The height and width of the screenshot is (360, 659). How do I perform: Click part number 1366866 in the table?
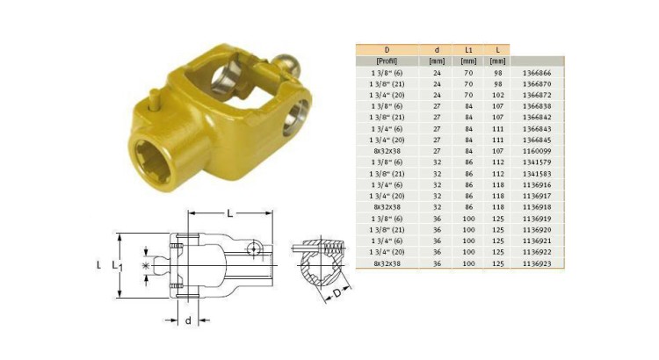(x=538, y=73)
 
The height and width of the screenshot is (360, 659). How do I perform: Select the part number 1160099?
(x=538, y=148)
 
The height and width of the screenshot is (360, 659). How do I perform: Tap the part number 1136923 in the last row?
(x=538, y=263)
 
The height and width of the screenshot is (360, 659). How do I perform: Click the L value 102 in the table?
(x=498, y=92)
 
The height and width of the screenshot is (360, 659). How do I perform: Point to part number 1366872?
(x=538, y=92)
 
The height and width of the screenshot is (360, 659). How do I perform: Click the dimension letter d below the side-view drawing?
(x=186, y=320)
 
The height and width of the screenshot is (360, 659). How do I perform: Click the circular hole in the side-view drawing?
(x=254, y=249)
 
